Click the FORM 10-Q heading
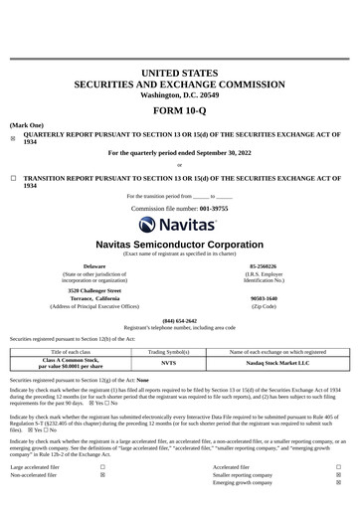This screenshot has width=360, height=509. coord(180,111)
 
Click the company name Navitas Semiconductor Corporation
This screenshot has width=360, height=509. coord(180,244)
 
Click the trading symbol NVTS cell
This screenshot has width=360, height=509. coord(168,363)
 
